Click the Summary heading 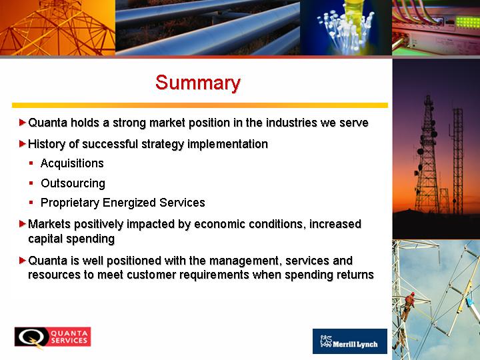[x=198, y=83]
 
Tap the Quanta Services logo [x=53, y=337]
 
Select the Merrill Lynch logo [x=350, y=341]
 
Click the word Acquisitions [x=72, y=163]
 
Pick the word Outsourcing [x=73, y=183]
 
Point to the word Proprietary [x=70, y=203]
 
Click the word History [x=47, y=144]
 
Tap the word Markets [x=49, y=224]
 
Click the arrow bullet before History [x=23, y=143]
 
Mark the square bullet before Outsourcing [x=31, y=183]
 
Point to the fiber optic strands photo [x=346, y=27]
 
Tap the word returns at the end [x=355, y=274]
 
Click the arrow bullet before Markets [x=23, y=224]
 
